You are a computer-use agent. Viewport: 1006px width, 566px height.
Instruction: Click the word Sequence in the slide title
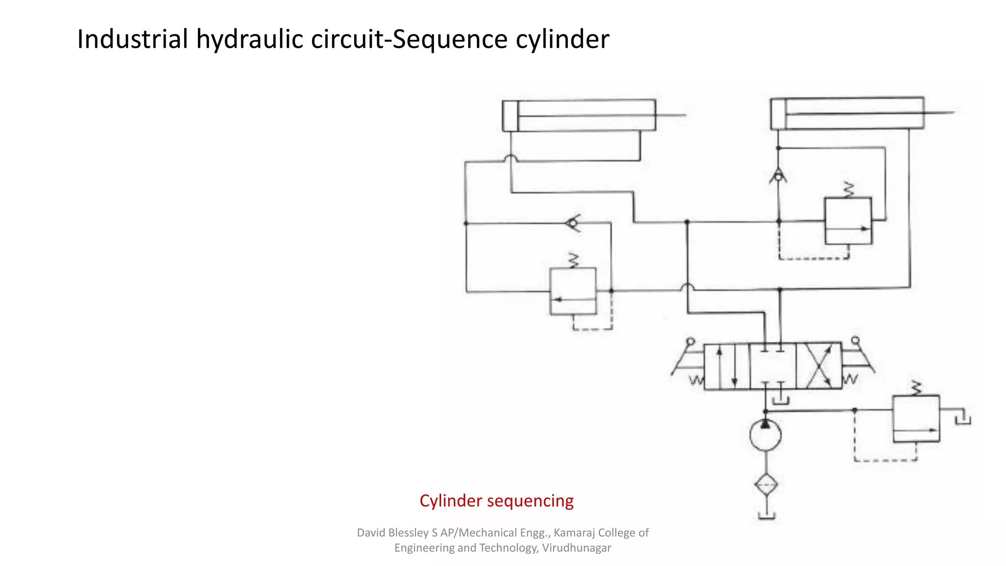[x=449, y=39]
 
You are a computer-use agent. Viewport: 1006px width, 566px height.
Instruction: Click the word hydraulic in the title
[x=250, y=39]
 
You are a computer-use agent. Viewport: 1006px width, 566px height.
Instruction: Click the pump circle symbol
[x=765, y=435]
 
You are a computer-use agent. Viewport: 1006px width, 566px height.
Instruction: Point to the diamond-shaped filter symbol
[x=766, y=485]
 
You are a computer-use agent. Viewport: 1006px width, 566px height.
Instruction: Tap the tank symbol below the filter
[x=766, y=515]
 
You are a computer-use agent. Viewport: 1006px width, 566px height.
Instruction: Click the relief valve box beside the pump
[x=916, y=419]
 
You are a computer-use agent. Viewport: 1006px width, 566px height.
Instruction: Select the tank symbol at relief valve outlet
[x=963, y=419]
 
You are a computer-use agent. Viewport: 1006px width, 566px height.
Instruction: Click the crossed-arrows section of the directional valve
[x=819, y=367]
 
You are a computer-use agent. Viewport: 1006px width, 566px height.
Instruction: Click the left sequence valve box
[x=573, y=291]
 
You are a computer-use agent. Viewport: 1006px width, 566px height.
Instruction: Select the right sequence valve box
[x=848, y=221]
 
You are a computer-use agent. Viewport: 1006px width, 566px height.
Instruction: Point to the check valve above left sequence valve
[x=573, y=224]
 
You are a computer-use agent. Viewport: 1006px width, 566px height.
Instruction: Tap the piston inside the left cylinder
[x=511, y=116]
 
